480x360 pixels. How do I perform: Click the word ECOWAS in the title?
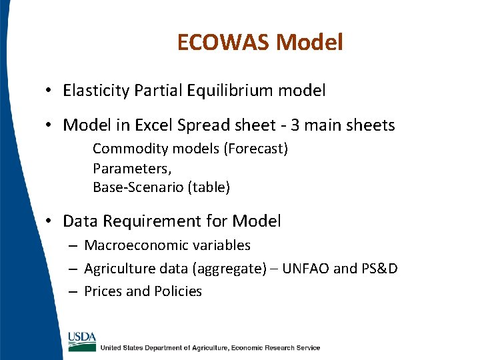(223, 43)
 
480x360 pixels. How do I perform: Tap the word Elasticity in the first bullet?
(96, 91)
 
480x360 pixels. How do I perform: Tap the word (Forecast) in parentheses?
(257, 149)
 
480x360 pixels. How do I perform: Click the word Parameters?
(131, 168)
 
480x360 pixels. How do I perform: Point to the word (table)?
(209, 187)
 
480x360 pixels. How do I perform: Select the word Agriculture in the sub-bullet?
(121, 269)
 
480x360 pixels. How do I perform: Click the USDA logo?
(81, 340)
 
